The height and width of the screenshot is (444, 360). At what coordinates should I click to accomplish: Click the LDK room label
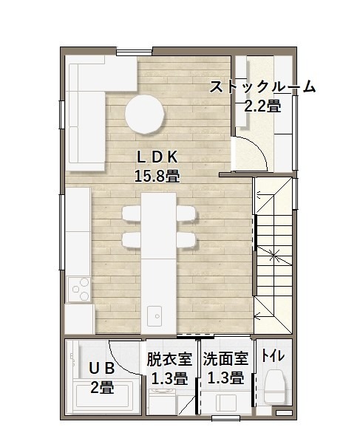point(157,157)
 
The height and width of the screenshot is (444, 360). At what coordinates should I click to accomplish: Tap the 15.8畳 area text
point(157,176)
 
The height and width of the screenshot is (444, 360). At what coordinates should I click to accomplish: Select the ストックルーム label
point(262,86)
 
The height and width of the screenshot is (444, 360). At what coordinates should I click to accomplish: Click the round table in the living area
point(145,114)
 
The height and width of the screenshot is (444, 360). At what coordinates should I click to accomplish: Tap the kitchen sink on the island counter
point(154,316)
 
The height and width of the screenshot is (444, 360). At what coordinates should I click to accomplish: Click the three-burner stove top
point(80,290)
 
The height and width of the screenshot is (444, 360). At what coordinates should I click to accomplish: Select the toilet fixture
point(274,386)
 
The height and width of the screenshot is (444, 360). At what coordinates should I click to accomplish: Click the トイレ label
point(273,355)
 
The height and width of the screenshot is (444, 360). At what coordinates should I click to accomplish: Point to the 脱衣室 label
point(169,359)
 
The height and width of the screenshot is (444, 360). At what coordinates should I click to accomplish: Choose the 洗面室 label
point(226,358)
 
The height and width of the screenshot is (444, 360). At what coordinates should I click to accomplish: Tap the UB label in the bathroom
point(102,369)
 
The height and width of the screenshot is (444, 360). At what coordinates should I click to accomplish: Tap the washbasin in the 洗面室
point(226,403)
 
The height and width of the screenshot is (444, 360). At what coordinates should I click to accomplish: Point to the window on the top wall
point(134,52)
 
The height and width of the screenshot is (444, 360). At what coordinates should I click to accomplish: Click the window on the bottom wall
point(226,418)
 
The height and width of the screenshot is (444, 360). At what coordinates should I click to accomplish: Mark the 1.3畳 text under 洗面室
point(226,378)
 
